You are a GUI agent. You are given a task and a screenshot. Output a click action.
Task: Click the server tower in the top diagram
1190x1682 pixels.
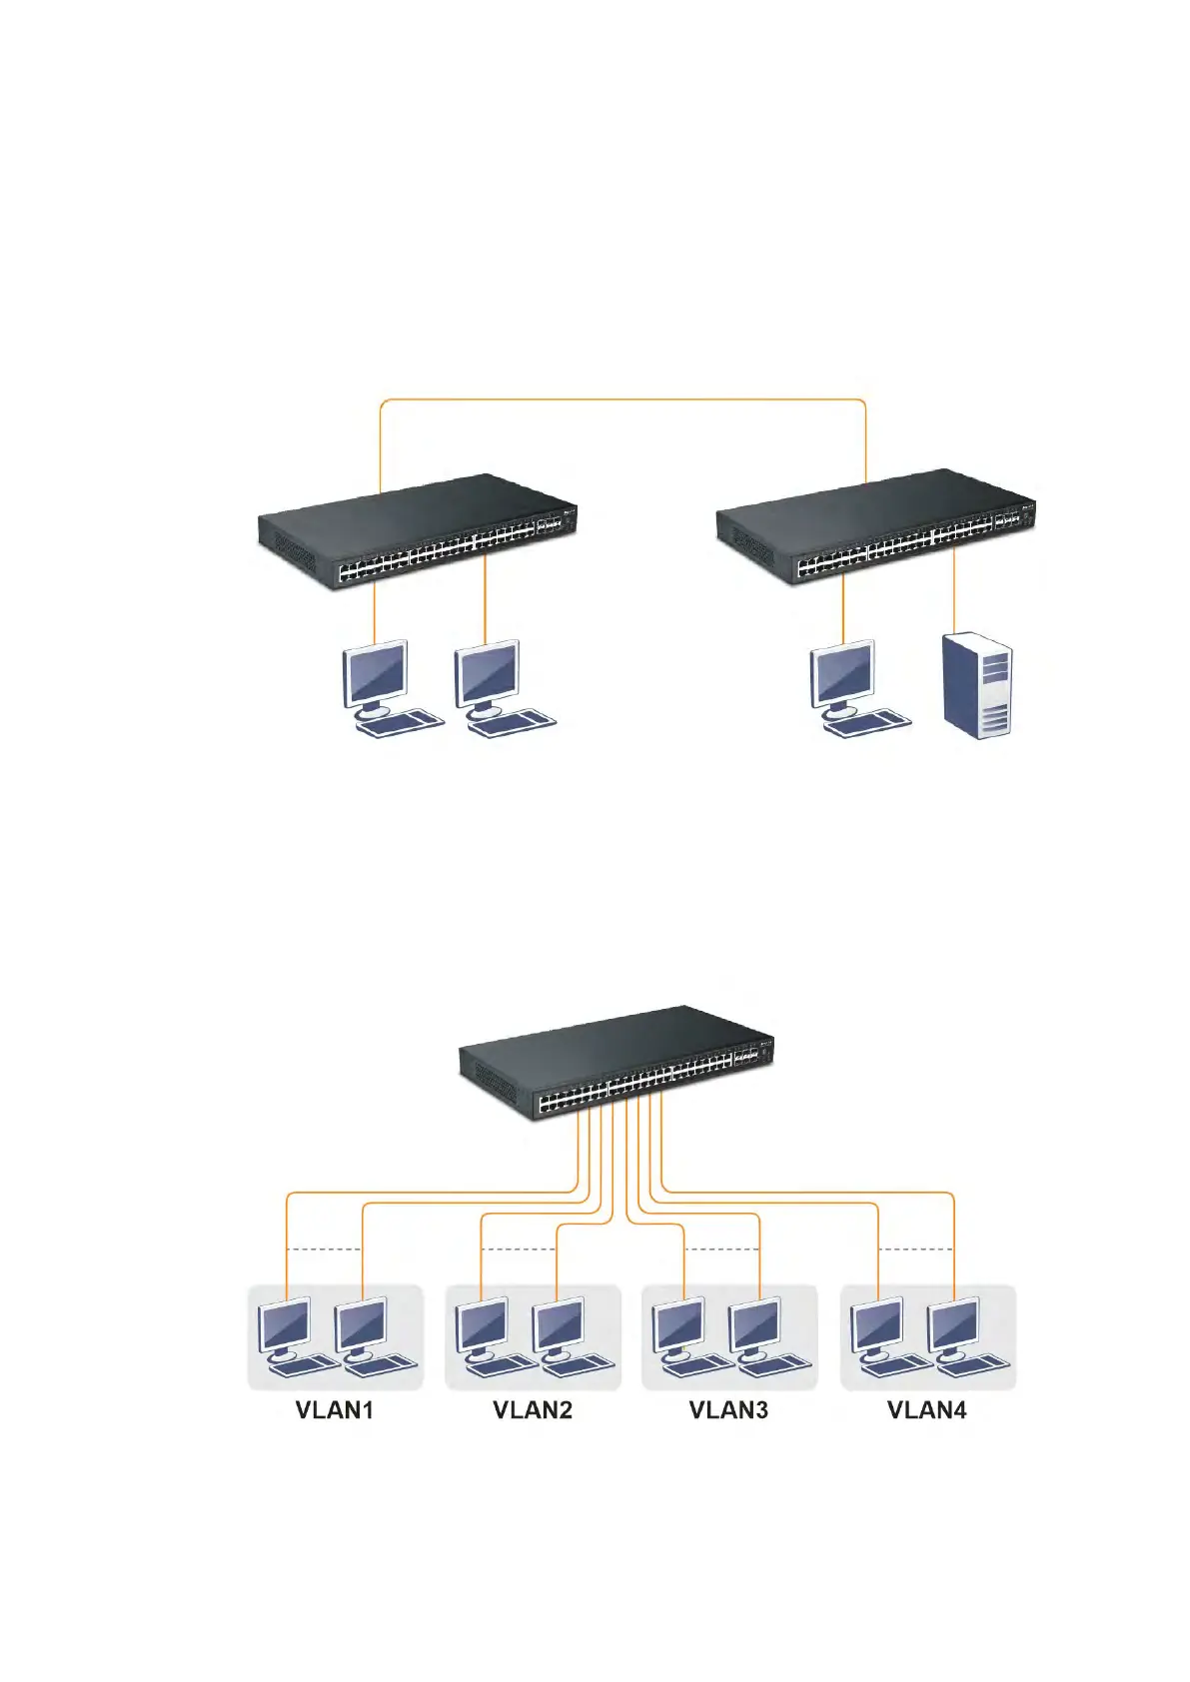coord(978,685)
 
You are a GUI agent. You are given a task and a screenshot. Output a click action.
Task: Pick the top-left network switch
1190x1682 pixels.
coord(418,530)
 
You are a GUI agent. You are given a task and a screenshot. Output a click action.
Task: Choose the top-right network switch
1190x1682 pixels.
coord(876,527)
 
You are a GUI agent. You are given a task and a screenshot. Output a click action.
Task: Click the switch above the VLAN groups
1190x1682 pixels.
coord(616,1063)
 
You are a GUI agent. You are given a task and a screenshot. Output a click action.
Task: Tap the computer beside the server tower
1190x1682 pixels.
coord(854,689)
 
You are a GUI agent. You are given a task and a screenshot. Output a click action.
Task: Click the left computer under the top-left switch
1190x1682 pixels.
coord(388,689)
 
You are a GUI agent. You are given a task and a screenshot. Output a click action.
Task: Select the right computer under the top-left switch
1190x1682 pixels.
coord(500,689)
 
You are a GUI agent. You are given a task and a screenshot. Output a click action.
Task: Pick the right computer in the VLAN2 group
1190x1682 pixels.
coord(567,1336)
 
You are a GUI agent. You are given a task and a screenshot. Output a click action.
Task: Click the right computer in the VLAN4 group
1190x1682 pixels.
coord(961,1336)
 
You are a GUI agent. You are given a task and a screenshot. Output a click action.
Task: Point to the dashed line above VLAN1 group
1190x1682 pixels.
coord(324,1250)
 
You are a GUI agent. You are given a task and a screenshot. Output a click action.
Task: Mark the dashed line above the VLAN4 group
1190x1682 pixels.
coord(916,1250)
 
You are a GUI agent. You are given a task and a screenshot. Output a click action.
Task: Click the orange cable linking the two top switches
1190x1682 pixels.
coord(621,400)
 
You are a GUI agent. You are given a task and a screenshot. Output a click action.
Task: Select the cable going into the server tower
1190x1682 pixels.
coord(954,589)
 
